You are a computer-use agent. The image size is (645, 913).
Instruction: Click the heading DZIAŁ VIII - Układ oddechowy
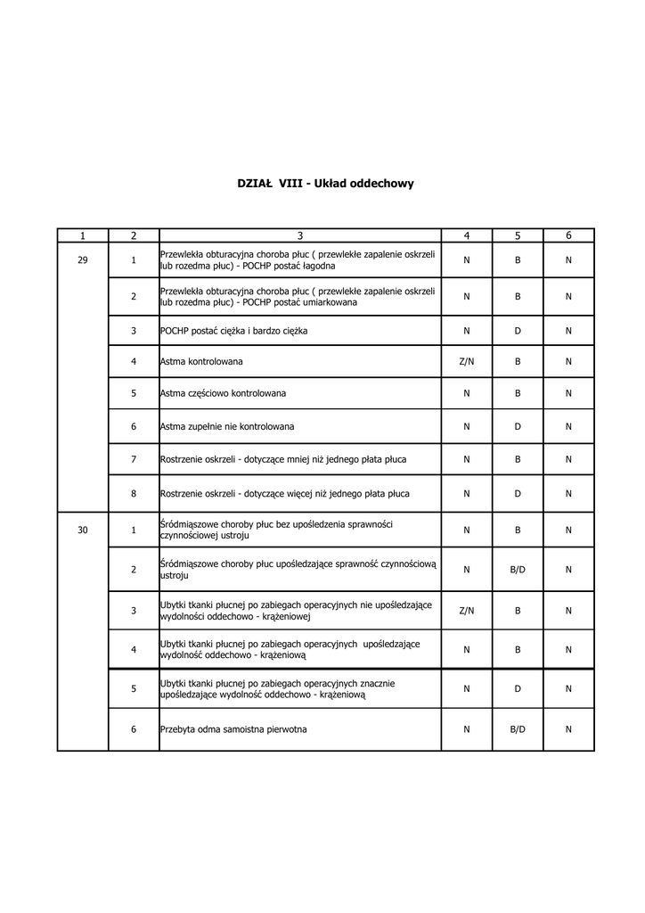(325, 184)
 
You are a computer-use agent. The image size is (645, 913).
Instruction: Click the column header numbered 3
(300, 235)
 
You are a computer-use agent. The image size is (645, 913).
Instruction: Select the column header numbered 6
(568, 235)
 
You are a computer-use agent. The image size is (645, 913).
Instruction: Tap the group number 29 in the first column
(83, 260)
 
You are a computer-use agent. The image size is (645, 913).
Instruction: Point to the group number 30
(83, 531)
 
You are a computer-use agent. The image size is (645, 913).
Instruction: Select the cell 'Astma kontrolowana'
(201, 362)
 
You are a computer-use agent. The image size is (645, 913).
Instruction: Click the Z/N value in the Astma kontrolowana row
(467, 362)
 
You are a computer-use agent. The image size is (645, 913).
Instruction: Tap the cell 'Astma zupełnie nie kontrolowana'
(227, 426)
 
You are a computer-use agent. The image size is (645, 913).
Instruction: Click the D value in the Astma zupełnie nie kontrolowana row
(518, 426)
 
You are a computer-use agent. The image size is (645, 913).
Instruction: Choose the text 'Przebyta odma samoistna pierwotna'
(233, 729)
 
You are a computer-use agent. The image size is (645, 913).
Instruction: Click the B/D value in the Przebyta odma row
(518, 729)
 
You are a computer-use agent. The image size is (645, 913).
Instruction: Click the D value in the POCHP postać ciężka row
(518, 331)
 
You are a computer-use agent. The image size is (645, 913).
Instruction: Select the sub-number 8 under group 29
(134, 493)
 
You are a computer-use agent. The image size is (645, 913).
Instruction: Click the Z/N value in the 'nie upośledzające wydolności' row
(467, 611)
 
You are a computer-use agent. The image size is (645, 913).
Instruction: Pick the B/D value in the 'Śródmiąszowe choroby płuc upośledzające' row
(518, 569)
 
